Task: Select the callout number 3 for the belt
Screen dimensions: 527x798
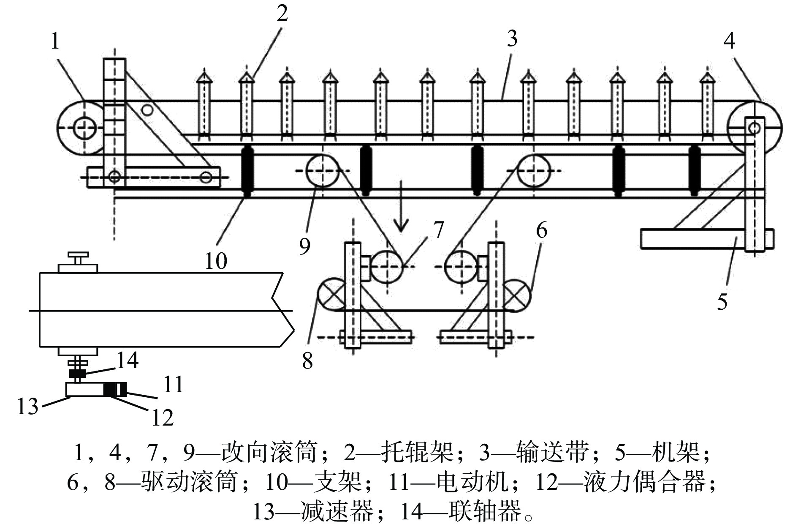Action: point(512,39)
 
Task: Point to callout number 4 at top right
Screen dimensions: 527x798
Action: point(729,41)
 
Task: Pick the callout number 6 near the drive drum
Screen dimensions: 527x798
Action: point(542,231)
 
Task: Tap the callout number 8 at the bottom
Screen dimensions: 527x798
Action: point(307,361)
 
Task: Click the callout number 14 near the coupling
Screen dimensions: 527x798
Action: point(127,360)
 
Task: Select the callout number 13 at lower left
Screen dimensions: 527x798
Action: point(28,407)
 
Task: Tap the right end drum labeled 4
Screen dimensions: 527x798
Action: point(755,128)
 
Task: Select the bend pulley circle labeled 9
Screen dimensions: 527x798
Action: point(322,170)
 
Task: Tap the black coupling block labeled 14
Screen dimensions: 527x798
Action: point(77,374)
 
